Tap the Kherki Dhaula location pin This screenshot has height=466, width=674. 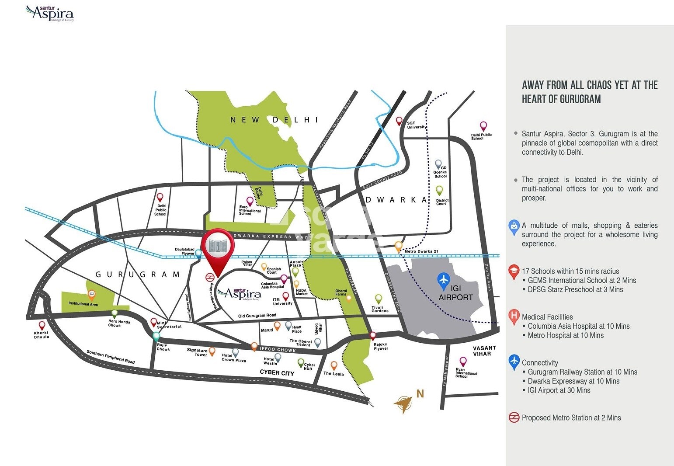[42, 326]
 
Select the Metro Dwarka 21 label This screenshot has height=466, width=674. [421, 251]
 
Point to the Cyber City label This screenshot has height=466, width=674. [277, 373]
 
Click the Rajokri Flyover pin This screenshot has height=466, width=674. [373, 336]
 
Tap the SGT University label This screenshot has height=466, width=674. [416, 125]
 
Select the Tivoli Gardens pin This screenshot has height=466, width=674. [379, 299]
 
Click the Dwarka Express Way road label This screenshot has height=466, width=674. [271, 236]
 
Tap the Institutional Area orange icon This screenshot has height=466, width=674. [92, 295]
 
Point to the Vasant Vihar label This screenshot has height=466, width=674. [484, 351]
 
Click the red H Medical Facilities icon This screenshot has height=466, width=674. [514, 316]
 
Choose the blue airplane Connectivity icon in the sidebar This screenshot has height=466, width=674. [514, 362]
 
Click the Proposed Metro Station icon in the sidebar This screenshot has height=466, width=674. [514, 417]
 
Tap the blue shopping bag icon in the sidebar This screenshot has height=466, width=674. [514, 226]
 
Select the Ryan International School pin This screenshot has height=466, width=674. [463, 362]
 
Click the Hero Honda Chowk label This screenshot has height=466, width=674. [119, 323]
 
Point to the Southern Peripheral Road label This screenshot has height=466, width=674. [111, 357]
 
